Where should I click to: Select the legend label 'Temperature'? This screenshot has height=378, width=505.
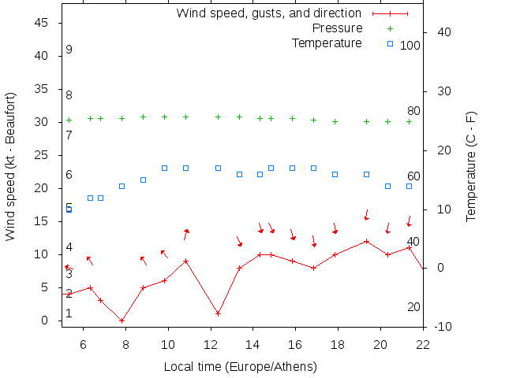tap(327, 43)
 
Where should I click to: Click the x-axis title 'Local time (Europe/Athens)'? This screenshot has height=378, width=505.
tap(240, 367)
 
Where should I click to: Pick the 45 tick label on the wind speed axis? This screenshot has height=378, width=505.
tap(43, 23)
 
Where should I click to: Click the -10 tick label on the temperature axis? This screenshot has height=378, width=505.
tap(443, 327)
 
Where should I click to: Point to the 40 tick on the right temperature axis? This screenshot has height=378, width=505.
tap(443, 32)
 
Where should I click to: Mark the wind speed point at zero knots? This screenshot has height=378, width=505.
tap(122, 321)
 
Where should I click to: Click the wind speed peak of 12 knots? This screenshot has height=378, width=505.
tap(366, 241)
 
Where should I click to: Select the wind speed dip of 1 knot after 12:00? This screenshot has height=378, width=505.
tap(218, 313)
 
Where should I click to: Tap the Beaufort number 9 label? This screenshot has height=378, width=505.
tap(69, 50)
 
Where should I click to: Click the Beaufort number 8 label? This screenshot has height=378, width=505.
tap(69, 95)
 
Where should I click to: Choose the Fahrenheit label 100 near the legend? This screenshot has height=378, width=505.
tap(410, 46)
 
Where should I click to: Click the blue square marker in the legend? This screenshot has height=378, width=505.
tap(390, 43)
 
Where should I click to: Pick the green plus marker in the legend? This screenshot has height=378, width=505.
tap(390, 28)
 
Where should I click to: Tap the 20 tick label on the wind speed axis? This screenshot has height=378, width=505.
tap(43, 188)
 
